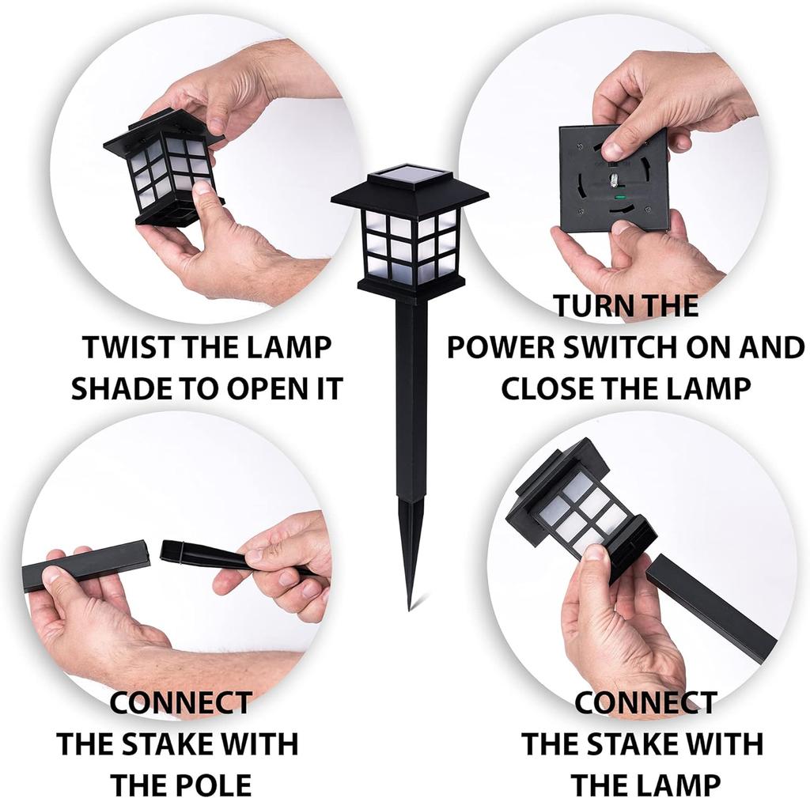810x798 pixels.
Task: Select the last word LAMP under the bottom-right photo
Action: [x=680, y=785]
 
